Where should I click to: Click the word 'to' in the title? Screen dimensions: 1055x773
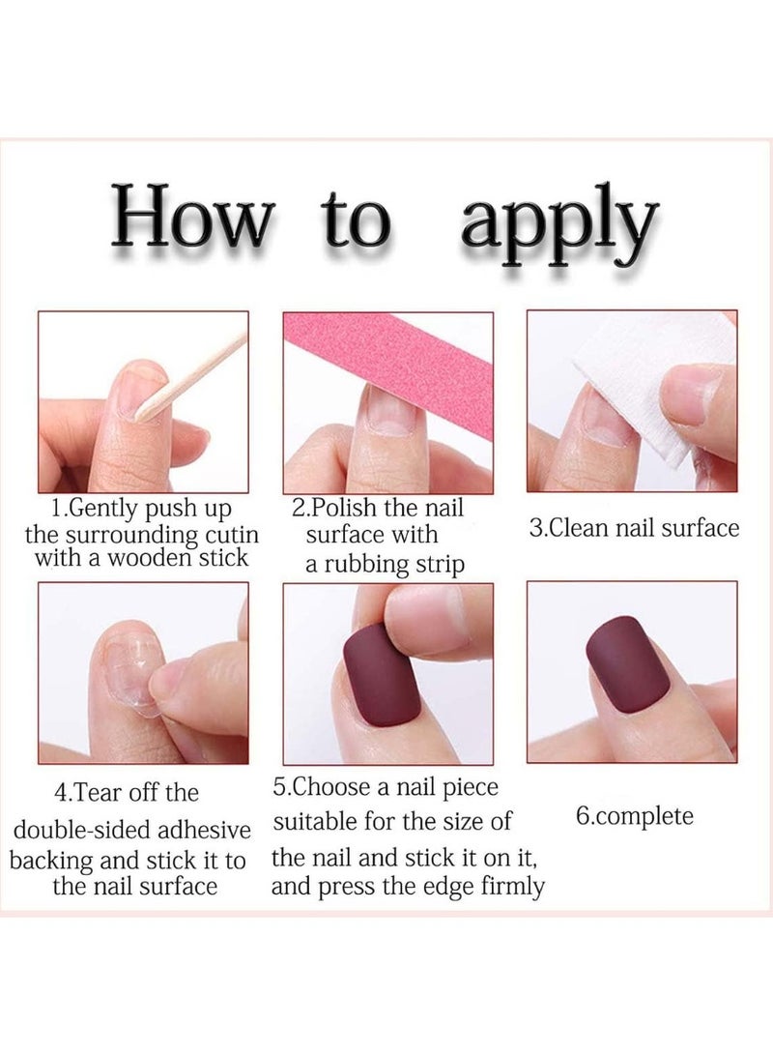(358, 221)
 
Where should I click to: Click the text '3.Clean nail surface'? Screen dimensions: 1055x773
(634, 529)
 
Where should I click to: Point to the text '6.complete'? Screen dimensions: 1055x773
(635, 816)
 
